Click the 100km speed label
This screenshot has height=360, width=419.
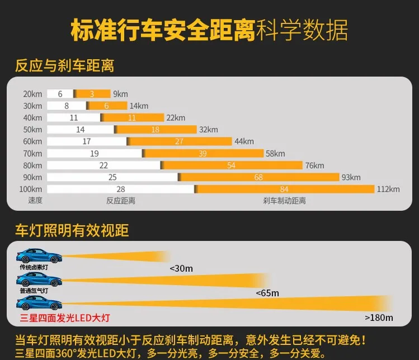coord(31,189)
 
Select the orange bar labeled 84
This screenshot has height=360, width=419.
coord(284,189)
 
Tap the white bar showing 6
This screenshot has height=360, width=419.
coord(60,94)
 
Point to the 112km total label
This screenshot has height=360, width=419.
coord(388,189)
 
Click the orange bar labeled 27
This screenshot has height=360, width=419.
coord(180,141)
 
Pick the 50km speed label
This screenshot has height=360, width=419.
coord(32,130)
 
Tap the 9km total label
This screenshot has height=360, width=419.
coord(120,94)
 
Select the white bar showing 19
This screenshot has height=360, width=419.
coord(95,153)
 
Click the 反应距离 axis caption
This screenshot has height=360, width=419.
coord(121,201)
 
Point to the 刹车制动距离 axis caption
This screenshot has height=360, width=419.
coord(284,201)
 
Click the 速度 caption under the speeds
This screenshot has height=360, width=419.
coord(35,200)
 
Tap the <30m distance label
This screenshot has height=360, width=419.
coord(181,268)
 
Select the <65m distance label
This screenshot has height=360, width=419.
coord(267,293)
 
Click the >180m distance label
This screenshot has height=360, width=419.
coord(379,318)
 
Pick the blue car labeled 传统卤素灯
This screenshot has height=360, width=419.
coord(39,255)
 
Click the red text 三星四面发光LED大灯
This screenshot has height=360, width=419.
coord(65,318)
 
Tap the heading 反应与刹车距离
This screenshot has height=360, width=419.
coord(65,66)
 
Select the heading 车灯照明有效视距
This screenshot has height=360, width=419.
coord(72,230)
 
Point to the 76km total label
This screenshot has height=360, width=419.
coord(315,165)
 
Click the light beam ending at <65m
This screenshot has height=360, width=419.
coord(166,281)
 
